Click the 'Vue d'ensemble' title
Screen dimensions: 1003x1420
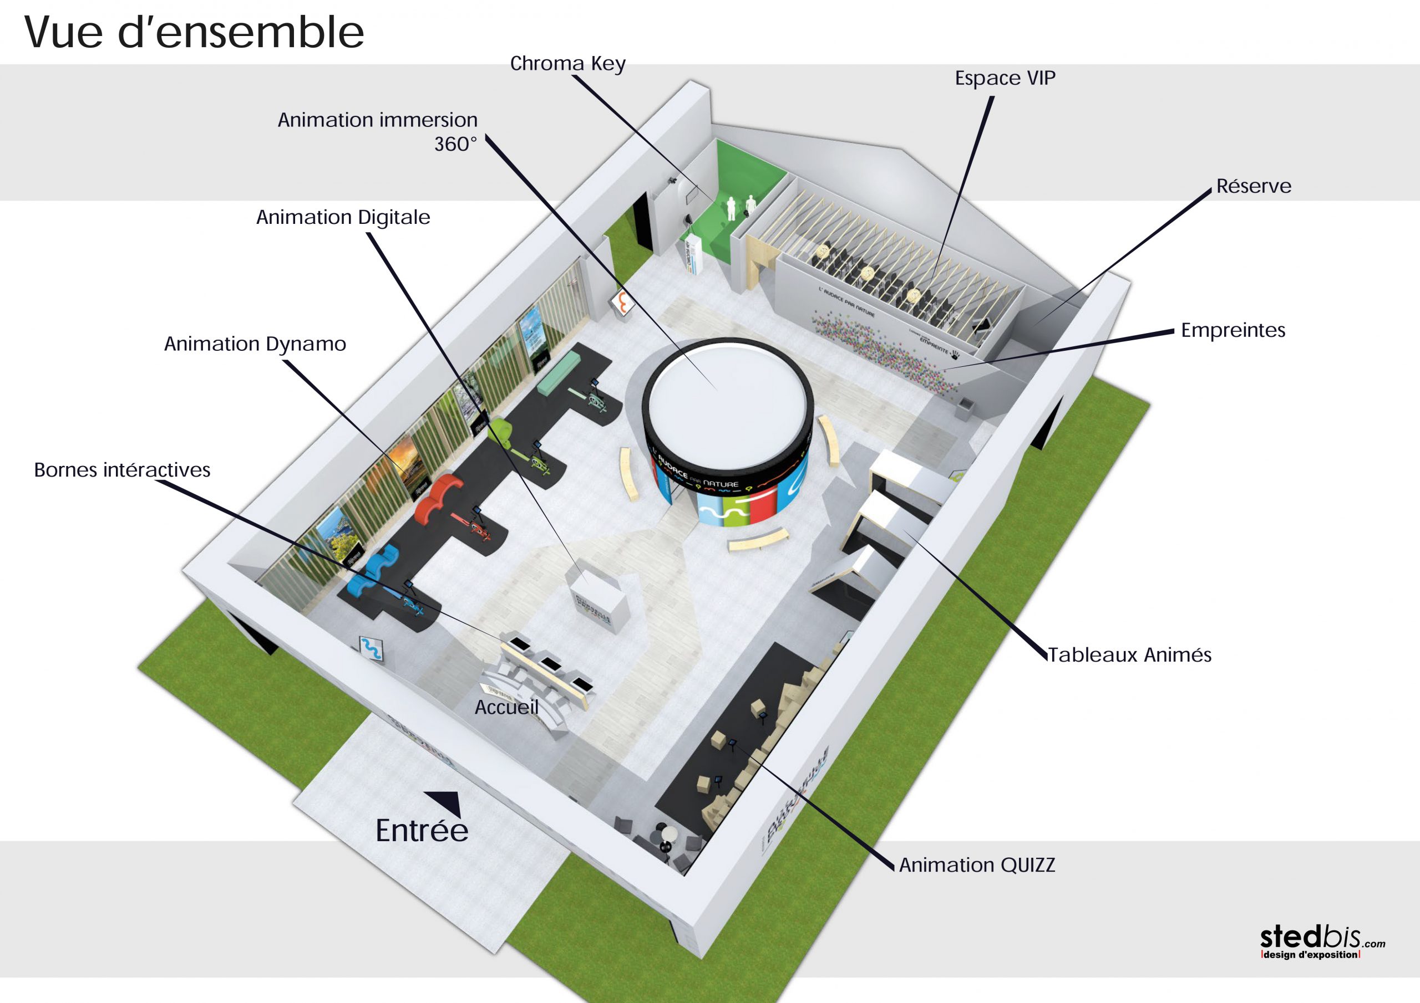coord(194,32)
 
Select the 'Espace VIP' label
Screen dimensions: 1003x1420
coord(1005,79)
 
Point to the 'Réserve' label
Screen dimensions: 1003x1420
coord(1254,186)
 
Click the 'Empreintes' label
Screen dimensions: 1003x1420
coord(1233,330)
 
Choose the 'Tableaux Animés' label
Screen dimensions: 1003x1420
coord(1129,654)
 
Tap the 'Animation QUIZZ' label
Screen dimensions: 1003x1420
coord(977,865)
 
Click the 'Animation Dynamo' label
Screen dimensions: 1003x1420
coord(255,344)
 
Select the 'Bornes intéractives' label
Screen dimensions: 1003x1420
coord(122,470)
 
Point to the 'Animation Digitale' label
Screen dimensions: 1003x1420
coord(343,218)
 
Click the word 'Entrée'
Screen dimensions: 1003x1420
coord(422,831)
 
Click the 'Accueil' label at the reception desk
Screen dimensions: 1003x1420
coord(506,708)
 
